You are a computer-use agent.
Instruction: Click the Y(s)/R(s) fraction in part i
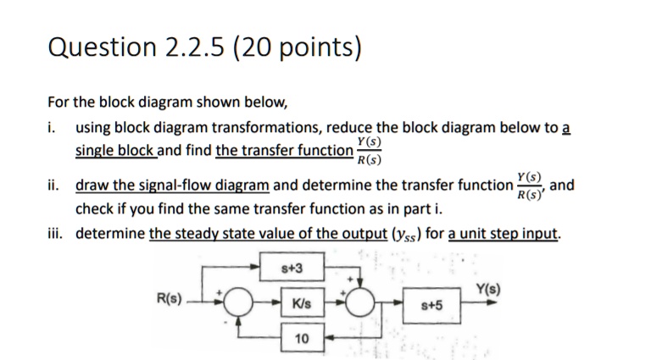[369, 150]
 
